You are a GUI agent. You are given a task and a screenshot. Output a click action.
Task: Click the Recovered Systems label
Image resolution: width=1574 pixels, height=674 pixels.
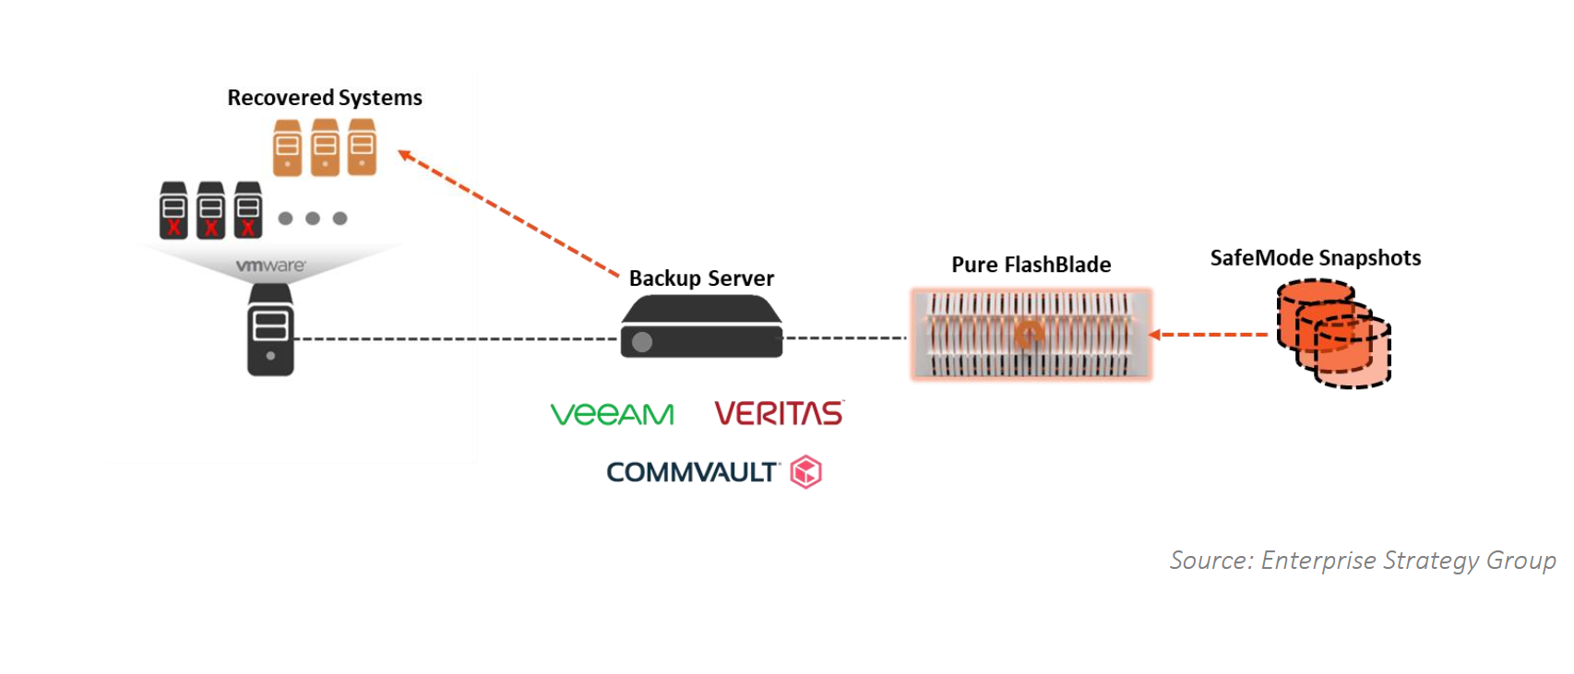pyautogui.click(x=325, y=98)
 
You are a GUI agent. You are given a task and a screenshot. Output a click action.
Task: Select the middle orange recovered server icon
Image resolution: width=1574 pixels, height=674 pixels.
pyautogui.click(x=325, y=147)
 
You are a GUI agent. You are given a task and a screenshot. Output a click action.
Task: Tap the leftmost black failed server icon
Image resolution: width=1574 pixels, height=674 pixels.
pyautogui.click(x=173, y=210)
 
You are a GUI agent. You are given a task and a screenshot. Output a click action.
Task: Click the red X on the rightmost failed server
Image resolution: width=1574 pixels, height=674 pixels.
pyautogui.click(x=247, y=228)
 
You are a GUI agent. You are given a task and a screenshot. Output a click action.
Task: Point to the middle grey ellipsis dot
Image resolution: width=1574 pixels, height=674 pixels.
pyautogui.click(x=313, y=219)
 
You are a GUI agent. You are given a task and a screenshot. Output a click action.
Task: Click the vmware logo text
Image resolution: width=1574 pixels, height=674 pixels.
pyautogui.click(x=270, y=266)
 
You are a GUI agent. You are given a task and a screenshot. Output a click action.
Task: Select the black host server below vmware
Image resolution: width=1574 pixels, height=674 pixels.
pyautogui.click(x=270, y=330)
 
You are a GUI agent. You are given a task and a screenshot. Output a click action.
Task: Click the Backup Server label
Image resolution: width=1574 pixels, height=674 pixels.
pyautogui.click(x=701, y=278)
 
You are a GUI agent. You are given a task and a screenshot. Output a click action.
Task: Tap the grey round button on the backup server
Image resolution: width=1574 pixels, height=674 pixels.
pyautogui.click(x=641, y=342)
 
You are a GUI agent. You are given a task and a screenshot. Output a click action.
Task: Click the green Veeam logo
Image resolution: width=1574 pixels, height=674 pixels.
pyautogui.click(x=612, y=413)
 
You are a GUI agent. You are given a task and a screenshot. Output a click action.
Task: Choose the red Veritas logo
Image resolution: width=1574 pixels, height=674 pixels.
pyautogui.click(x=780, y=413)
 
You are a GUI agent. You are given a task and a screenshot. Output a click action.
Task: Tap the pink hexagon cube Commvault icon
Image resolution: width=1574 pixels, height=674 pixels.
pyautogui.click(x=806, y=472)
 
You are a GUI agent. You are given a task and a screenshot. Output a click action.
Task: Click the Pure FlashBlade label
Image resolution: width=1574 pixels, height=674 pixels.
pyautogui.click(x=1031, y=265)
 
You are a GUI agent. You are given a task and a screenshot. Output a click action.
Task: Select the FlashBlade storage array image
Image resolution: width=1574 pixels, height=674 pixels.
pyautogui.click(x=1031, y=335)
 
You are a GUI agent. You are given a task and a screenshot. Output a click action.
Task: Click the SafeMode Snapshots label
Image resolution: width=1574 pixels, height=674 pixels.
pyautogui.click(x=1316, y=257)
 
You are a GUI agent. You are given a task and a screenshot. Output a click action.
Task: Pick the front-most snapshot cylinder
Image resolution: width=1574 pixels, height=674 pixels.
pyautogui.click(x=1353, y=352)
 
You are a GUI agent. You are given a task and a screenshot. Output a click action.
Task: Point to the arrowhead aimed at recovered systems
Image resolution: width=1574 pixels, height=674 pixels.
pyautogui.click(x=405, y=154)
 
